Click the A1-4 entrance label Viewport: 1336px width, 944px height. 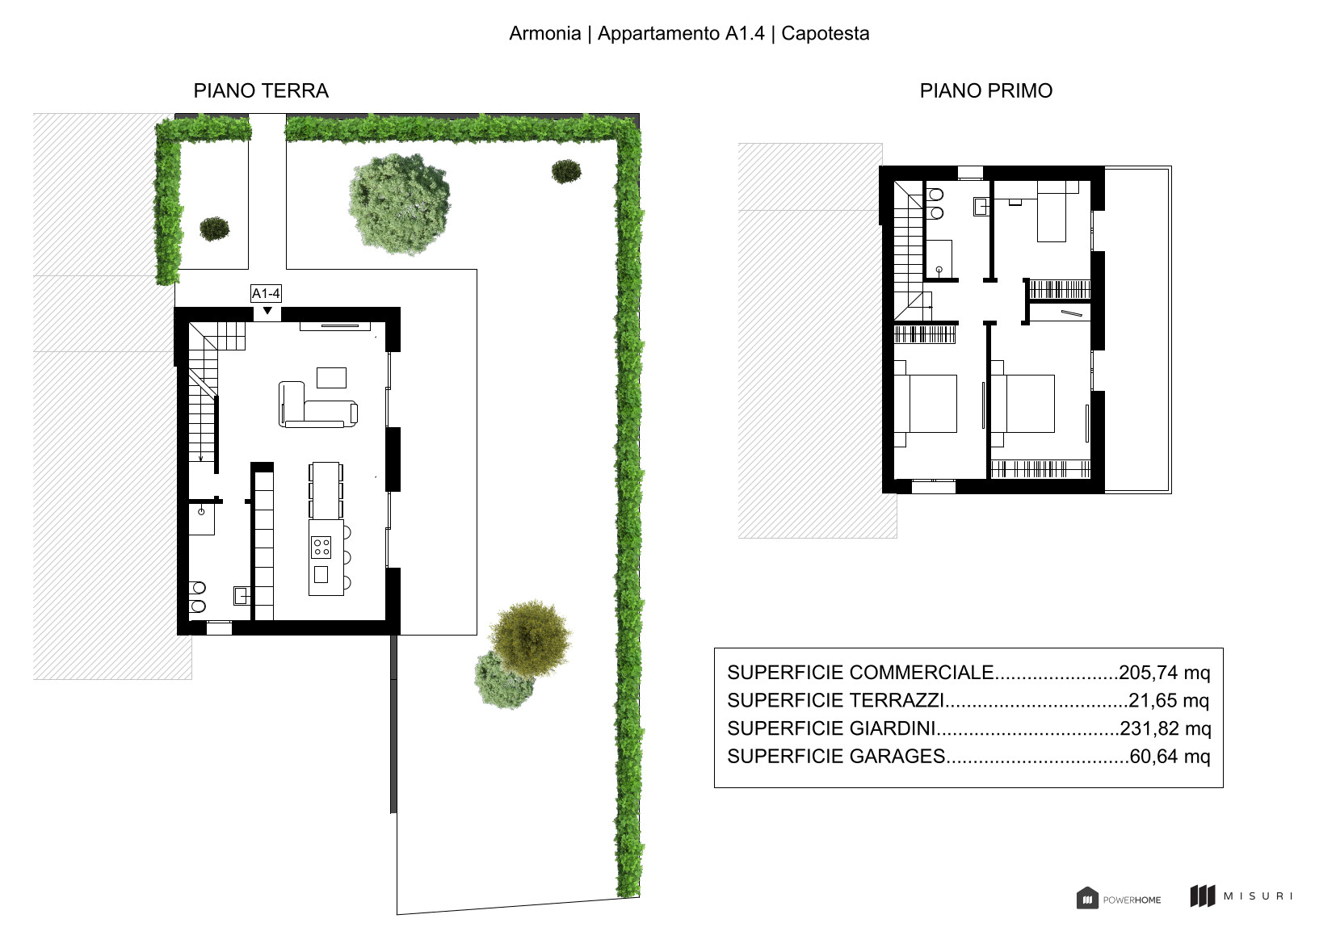[266, 293]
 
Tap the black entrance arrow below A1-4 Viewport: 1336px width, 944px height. [268, 310]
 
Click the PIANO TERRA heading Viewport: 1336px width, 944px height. [261, 90]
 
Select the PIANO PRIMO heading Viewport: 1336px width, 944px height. [986, 90]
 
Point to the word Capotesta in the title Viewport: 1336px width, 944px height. [825, 33]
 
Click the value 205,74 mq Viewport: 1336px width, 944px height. [1164, 673]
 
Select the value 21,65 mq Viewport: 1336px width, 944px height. [1169, 700]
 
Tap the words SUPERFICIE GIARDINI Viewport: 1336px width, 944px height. [831, 728]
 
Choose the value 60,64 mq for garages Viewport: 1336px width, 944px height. [1170, 756]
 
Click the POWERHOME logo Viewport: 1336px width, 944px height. [1118, 898]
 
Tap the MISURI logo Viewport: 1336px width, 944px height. [1241, 896]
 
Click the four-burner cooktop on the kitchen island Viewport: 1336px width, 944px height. [321, 547]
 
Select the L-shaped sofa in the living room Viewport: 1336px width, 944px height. [318, 405]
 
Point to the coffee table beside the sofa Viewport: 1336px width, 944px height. [332, 377]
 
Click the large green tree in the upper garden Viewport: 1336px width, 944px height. [400, 204]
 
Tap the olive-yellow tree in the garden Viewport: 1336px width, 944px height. [530, 639]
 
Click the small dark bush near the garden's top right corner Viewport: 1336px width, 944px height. [566, 172]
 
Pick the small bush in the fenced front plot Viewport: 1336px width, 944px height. [214, 229]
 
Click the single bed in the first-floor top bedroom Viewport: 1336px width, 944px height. [1052, 211]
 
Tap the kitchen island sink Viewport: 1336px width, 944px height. [321, 574]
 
